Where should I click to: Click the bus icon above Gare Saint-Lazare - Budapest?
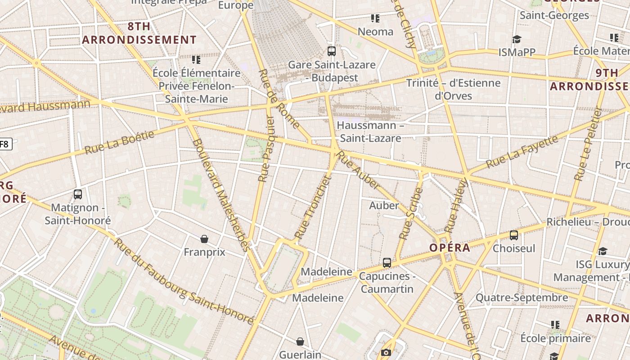click(332, 51)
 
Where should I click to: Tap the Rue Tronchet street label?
click(313, 207)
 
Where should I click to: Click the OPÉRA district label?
click(450, 248)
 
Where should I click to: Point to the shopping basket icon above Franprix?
click(204, 239)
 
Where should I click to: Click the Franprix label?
click(204, 252)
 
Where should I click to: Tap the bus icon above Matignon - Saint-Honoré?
click(78, 194)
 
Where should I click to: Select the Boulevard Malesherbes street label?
click(221, 195)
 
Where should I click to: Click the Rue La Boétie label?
click(119, 142)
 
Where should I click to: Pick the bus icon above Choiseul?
click(514, 235)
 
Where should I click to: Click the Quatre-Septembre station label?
click(522, 297)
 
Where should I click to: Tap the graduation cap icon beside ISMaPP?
click(517, 40)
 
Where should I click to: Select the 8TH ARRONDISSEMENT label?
click(139, 33)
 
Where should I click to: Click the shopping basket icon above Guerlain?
click(300, 342)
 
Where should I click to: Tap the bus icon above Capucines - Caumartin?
click(387, 263)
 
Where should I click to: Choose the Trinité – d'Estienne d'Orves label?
click(453, 89)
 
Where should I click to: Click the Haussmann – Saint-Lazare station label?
click(370, 131)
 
